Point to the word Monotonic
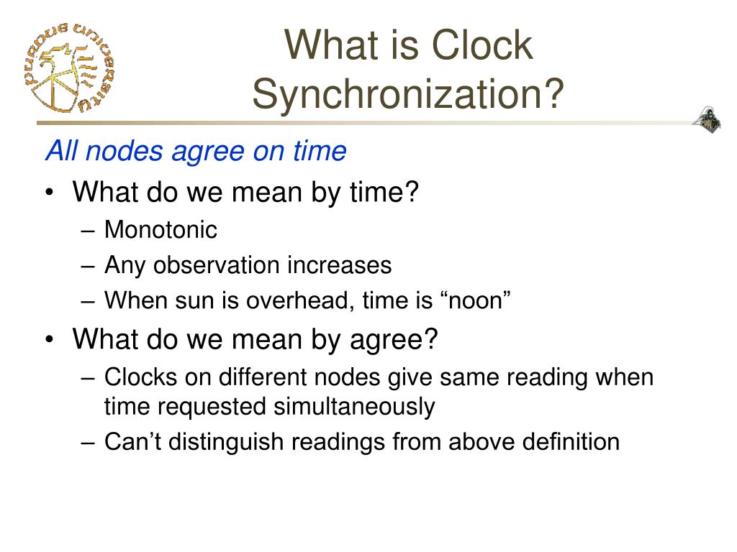[x=160, y=230]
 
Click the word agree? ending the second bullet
[x=397, y=339]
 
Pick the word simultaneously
[x=353, y=407]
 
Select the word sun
[x=188, y=300]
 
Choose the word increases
[x=340, y=265]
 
